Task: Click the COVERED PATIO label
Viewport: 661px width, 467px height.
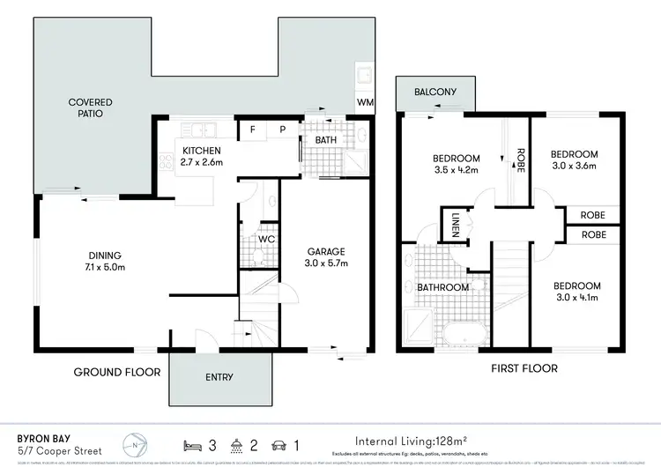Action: pos(90,108)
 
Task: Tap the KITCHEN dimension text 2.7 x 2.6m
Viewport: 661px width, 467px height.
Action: pos(203,162)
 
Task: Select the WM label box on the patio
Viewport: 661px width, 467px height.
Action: pos(365,103)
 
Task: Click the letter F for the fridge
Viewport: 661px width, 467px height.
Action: pos(253,130)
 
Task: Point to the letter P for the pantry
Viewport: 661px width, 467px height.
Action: pos(283,130)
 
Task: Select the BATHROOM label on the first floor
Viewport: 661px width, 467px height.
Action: pos(443,287)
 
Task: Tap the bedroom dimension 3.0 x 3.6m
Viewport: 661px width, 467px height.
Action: pos(573,165)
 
